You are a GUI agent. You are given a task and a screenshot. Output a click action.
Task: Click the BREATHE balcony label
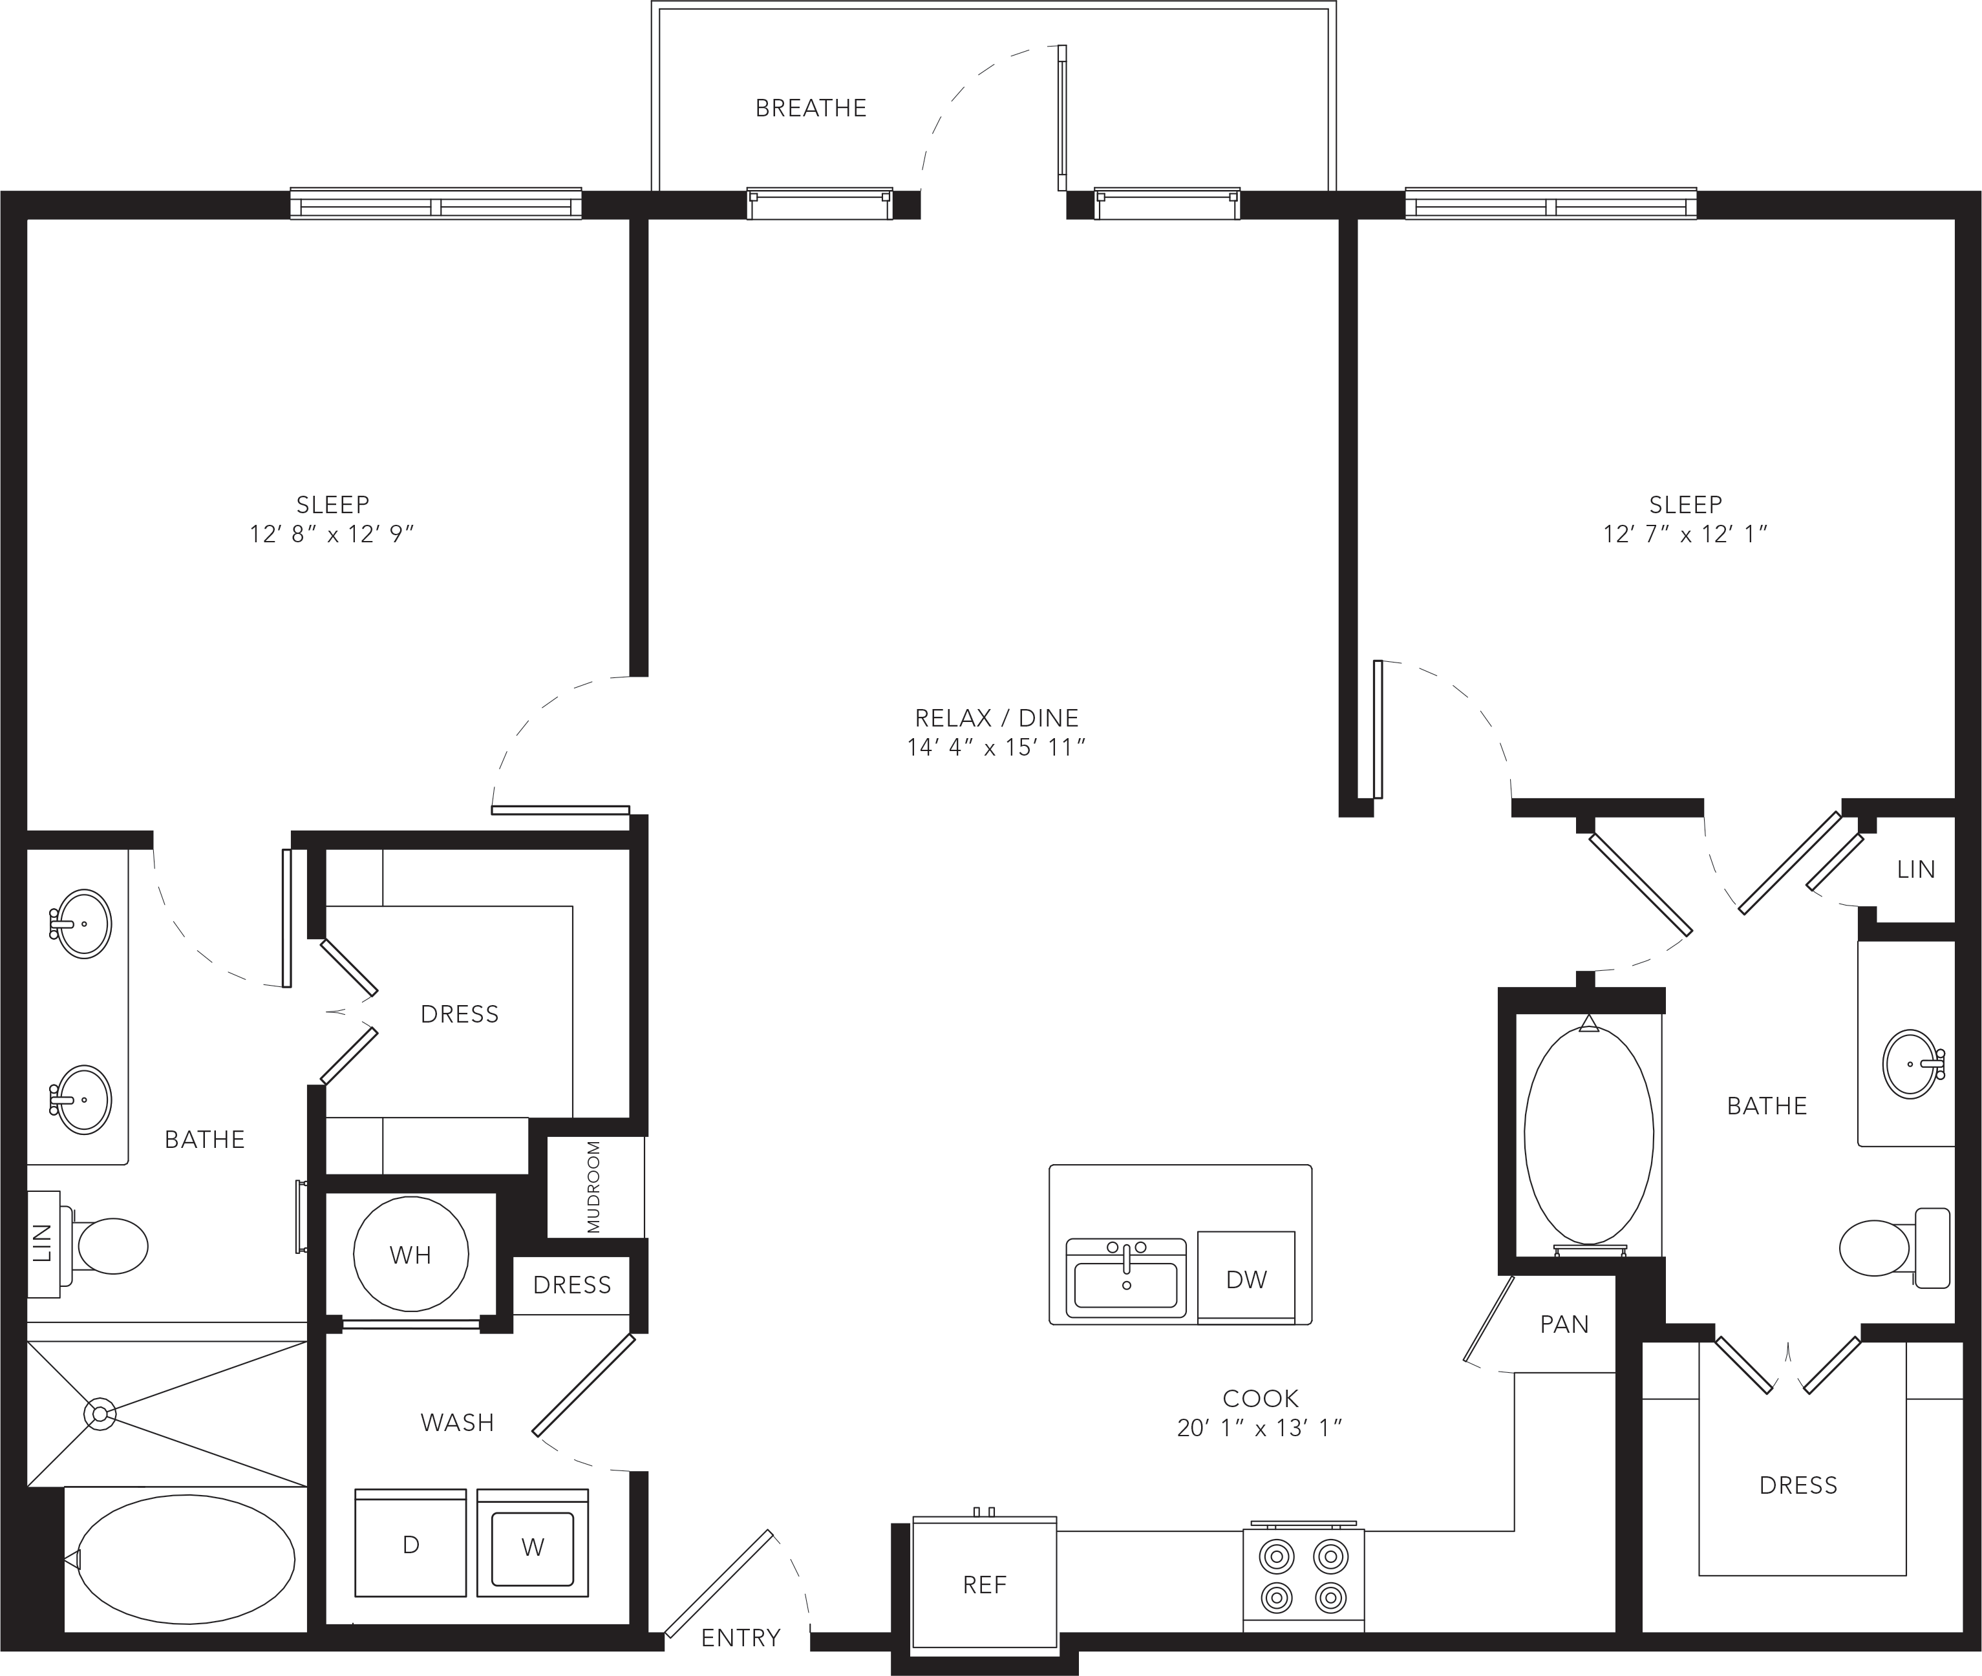(x=811, y=109)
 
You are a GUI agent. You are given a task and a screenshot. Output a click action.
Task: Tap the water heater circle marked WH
(x=410, y=1254)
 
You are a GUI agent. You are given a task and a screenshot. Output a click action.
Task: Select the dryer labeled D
(x=410, y=1543)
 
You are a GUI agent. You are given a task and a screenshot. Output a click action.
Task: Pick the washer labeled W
(x=532, y=1543)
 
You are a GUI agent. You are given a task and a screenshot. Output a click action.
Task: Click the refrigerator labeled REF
(x=985, y=1583)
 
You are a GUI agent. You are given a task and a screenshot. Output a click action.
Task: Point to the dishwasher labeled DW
(x=1246, y=1277)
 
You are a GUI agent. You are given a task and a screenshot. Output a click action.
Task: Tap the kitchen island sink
(x=1126, y=1278)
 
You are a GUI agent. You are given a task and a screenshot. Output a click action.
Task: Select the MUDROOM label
(x=594, y=1187)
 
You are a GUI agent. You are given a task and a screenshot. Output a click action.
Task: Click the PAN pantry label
(x=1564, y=1324)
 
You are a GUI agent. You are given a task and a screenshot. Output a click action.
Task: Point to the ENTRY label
(x=740, y=1637)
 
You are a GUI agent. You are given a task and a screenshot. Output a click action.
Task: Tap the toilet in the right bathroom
(x=1895, y=1247)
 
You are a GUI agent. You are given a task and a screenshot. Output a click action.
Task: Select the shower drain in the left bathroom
(x=100, y=1414)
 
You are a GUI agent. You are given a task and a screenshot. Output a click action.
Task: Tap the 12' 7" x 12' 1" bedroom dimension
(x=1685, y=534)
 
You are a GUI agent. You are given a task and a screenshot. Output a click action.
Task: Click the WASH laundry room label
(x=457, y=1423)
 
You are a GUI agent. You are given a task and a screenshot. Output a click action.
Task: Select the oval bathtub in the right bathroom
(x=1589, y=1134)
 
